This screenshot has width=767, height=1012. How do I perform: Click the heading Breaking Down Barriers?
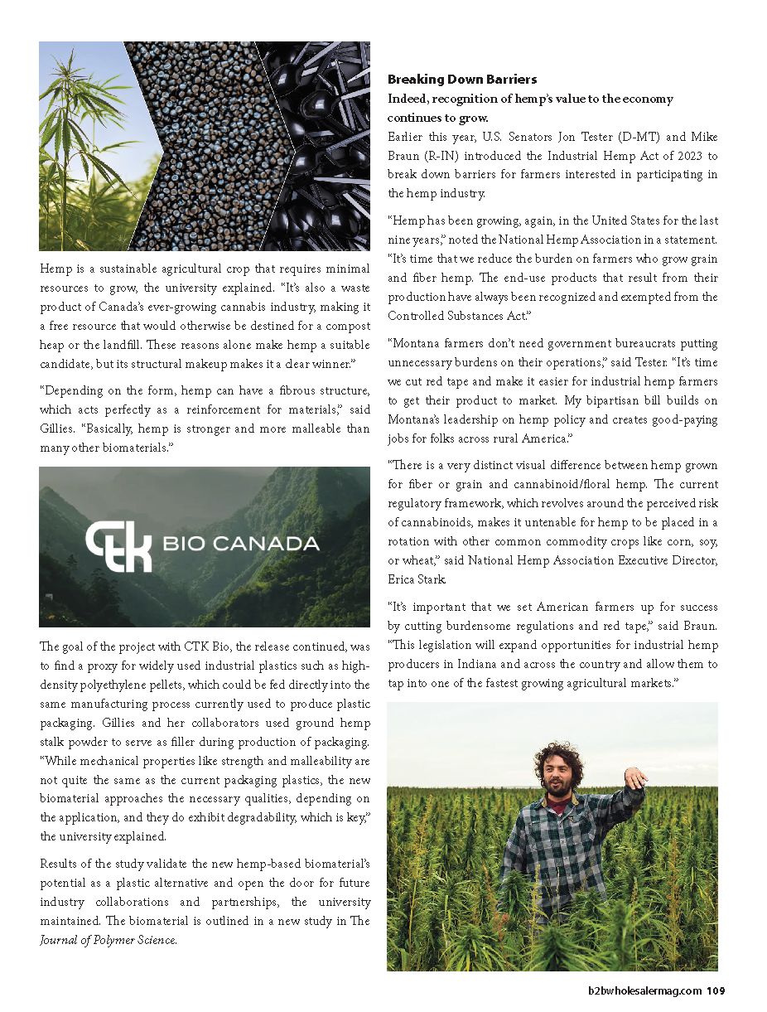[462, 80]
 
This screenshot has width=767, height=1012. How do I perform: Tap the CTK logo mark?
[118, 545]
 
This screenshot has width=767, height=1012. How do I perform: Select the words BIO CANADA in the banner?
[241, 545]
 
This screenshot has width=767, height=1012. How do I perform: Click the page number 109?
[716, 990]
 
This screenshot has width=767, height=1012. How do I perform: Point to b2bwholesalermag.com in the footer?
[645, 990]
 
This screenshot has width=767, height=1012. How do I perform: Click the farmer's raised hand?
[636, 778]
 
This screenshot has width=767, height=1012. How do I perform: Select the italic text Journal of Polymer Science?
[108, 940]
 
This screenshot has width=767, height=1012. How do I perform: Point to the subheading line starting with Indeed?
[530, 99]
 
